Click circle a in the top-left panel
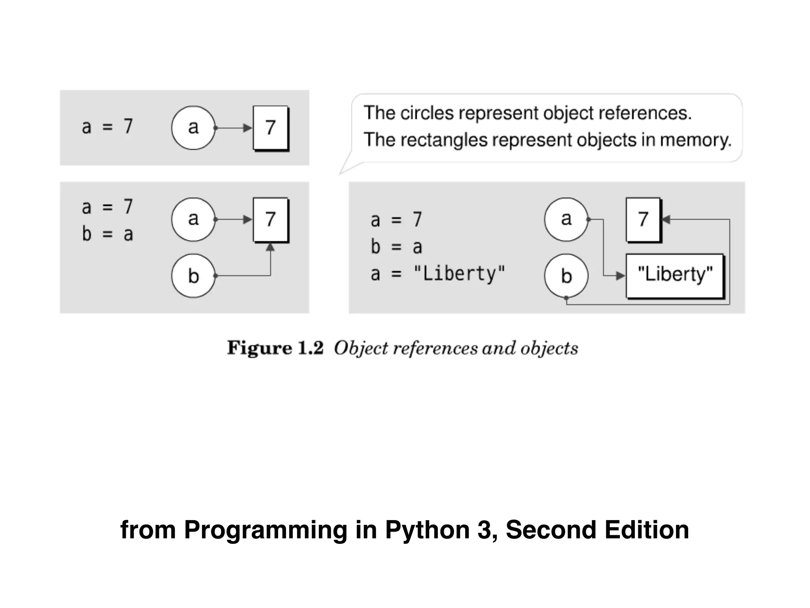tap(193, 127)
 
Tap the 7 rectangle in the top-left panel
tap(271, 127)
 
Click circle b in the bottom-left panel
tap(193, 275)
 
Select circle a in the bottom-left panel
tap(193, 219)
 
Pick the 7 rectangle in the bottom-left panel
tap(271, 219)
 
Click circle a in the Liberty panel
tap(566, 219)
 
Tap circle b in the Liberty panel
tap(566, 275)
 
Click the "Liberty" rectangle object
tap(675, 275)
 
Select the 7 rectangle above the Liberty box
tap(643, 219)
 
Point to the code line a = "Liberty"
tap(437, 274)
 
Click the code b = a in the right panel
tap(396, 247)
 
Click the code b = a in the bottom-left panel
tap(107, 234)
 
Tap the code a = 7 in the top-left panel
tap(107, 127)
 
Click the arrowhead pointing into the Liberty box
tap(620, 275)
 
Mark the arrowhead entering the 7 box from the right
tap(666, 219)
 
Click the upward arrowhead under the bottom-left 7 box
tap(270, 247)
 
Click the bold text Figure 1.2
tap(275, 348)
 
